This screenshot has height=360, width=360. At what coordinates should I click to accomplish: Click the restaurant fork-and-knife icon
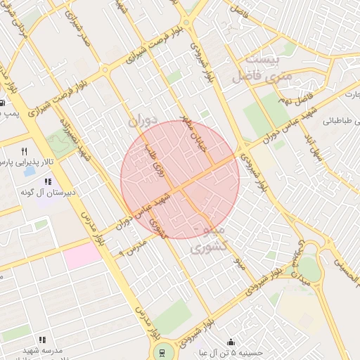tap(25, 151)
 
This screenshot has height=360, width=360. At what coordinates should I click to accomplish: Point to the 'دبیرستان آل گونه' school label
tap(47, 192)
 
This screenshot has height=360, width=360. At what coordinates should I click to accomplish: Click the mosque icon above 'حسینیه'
tap(231, 342)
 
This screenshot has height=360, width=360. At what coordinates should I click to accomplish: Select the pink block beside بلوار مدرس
tap(83, 255)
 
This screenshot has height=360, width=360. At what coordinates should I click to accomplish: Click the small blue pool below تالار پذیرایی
tap(30, 171)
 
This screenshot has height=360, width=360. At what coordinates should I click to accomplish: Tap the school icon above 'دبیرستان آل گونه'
tap(48, 181)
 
